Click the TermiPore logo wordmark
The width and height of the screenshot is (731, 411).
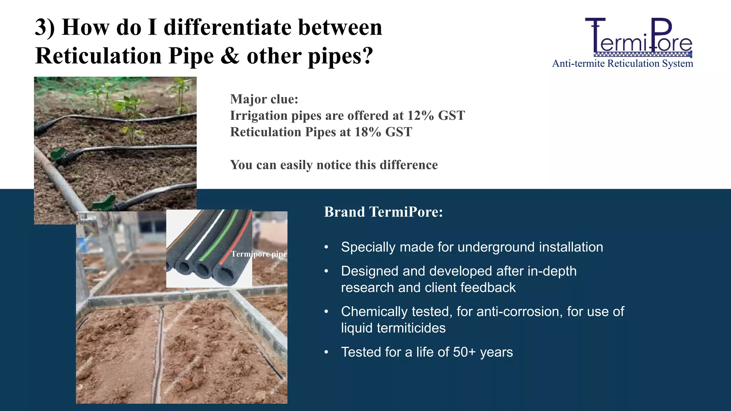coord(639,37)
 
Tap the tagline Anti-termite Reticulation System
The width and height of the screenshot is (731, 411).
coord(622,64)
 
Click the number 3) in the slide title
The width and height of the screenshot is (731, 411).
coord(45,27)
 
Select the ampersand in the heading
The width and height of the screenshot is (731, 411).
coord(230,56)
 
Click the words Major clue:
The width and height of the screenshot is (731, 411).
coord(264,99)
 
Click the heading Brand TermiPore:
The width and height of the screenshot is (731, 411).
coord(383,212)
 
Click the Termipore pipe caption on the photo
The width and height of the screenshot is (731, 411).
coord(259,254)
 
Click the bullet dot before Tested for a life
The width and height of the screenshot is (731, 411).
coord(326,352)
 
